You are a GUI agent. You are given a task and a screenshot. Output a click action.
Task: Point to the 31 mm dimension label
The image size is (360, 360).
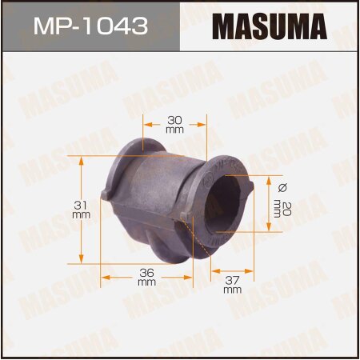pyautogui.click(x=80, y=209)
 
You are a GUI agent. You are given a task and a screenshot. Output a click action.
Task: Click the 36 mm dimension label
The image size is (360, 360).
pyautogui.click(x=146, y=277)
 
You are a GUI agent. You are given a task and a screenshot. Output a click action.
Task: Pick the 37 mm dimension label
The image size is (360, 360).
pyautogui.click(x=232, y=285)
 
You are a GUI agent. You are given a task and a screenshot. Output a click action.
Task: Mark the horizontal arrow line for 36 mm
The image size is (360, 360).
pyautogui.click(x=146, y=277)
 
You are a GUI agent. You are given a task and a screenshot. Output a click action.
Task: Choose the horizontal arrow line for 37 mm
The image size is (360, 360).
pyautogui.click(x=232, y=271)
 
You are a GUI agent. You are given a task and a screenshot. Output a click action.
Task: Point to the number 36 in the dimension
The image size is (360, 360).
pyautogui.click(x=146, y=272)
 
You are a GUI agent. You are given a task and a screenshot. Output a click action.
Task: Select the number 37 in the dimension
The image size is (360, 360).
pyautogui.click(x=232, y=280)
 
